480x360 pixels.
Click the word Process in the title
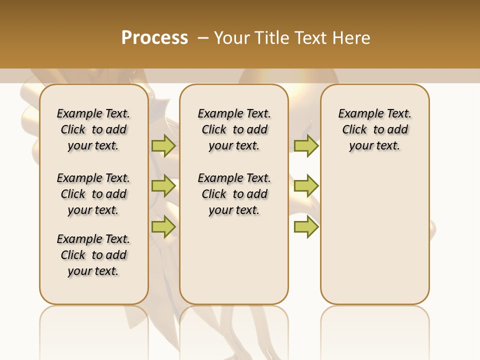[x=154, y=38]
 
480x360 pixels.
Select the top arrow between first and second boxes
[x=163, y=145]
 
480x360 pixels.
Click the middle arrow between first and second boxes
[x=163, y=186]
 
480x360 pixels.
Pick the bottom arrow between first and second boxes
[x=163, y=226]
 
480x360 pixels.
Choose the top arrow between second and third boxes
[x=306, y=145]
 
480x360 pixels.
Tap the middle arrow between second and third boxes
[x=306, y=186]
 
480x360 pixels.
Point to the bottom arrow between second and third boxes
[x=306, y=226]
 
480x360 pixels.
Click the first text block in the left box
[x=93, y=129]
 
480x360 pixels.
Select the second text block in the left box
[x=93, y=194]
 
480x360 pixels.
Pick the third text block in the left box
[x=93, y=255]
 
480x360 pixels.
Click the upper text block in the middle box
[x=234, y=129]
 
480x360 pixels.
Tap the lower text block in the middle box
[x=234, y=194]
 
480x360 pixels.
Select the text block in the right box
[x=374, y=129]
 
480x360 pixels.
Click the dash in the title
[x=203, y=38]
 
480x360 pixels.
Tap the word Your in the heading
[x=233, y=38]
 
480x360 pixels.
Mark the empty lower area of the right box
[x=374, y=235]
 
